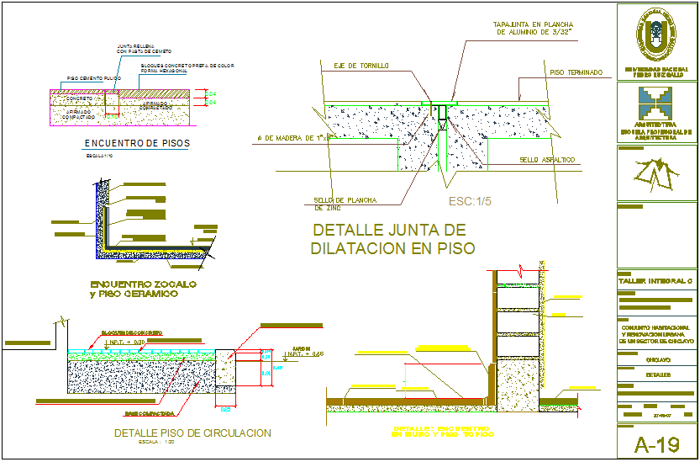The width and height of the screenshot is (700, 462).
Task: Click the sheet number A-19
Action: (x=656, y=443)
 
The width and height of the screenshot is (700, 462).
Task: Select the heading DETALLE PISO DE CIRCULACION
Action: (x=192, y=433)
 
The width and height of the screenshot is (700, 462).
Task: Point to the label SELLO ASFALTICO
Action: (x=546, y=159)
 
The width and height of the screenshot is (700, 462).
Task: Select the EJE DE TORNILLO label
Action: (x=361, y=65)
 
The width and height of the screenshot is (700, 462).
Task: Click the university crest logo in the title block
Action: (x=656, y=35)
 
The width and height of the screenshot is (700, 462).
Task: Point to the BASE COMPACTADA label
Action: (x=150, y=413)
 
